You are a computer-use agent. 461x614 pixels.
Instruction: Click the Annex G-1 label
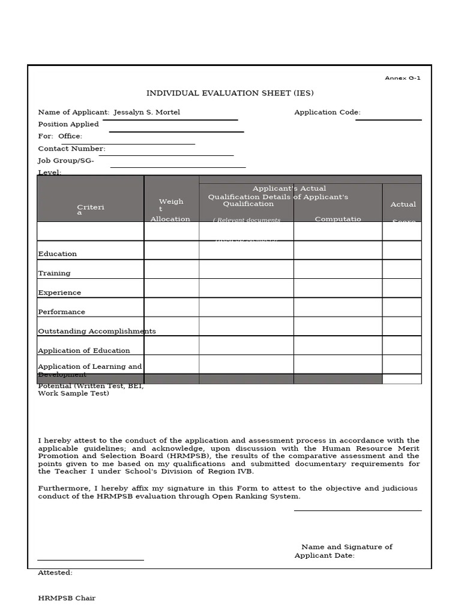(x=402, y=78)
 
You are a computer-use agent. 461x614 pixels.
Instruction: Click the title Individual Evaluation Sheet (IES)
(x=230, y=93)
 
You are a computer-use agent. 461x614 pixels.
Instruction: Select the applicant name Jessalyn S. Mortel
(x=146, y=112)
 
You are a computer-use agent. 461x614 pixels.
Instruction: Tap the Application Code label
(x=327, y=112)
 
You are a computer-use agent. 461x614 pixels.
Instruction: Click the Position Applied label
(x=68, y=124)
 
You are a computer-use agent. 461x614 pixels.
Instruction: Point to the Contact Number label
(x=71, y=149)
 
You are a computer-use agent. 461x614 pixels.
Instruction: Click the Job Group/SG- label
(x=66, y=161)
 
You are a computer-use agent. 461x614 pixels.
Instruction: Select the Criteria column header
(x=90, y=209)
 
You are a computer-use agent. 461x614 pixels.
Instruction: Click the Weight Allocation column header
(x=170, y=210)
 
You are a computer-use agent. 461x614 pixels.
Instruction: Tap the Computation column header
(x=337, y=219)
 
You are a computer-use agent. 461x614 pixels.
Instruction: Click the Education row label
(x=58, y=254)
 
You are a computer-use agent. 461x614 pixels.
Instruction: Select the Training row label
(x=54, y=273)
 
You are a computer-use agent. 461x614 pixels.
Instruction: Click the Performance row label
(x=61, y=312)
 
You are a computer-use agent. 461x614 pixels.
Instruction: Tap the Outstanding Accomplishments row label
(x=97, y=331)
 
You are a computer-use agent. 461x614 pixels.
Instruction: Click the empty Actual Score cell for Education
(x=402, y=250)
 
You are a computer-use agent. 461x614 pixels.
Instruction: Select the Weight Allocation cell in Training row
(x=171, y=269)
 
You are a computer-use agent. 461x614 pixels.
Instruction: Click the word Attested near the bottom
(x=55, y=573)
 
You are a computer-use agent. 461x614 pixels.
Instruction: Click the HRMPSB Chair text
(x=67, y=598)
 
